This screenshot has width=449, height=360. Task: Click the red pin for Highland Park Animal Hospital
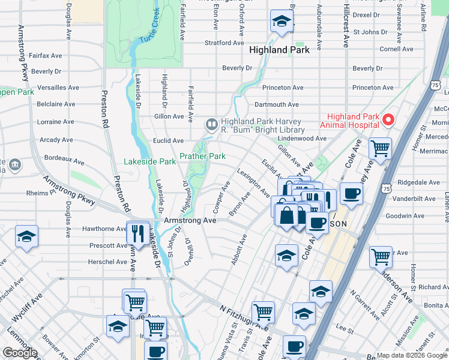[x=388, y=120]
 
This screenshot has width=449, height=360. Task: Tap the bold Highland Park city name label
[x=279, y=50]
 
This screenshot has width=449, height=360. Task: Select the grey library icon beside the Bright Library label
[x=211, y=125]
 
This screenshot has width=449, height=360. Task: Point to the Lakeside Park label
[x=149, y=161]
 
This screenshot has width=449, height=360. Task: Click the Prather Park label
[x=202, y=157]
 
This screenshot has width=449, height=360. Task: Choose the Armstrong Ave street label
[x=190, y=221]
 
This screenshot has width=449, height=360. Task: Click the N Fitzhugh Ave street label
[x=244, y=319]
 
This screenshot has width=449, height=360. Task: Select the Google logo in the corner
[x=20, y=353]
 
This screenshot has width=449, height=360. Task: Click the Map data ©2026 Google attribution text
[x=412, y=355]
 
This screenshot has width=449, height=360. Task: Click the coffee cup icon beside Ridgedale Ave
[x=351, y=194]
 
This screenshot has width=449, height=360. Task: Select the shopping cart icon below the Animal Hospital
[x=380, y=148]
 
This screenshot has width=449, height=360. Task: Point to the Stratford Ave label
[x=224, y=43]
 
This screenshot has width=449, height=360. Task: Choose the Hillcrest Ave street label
[x=346, y=27]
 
